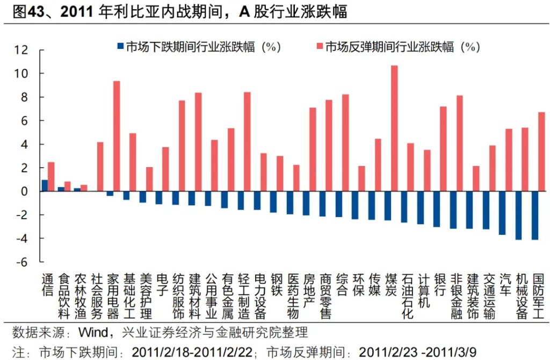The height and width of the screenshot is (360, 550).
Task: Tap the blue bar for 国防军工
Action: tap(535, 215)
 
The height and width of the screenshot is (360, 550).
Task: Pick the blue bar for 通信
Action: tap(45, 185)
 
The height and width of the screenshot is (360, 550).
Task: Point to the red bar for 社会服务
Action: tap(100, 167)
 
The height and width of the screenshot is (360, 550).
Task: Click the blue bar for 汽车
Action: tap(502, 213)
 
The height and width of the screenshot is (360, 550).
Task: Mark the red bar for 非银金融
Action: tap(459, 143)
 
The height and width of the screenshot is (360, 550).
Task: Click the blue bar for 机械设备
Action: tap(518, 215)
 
